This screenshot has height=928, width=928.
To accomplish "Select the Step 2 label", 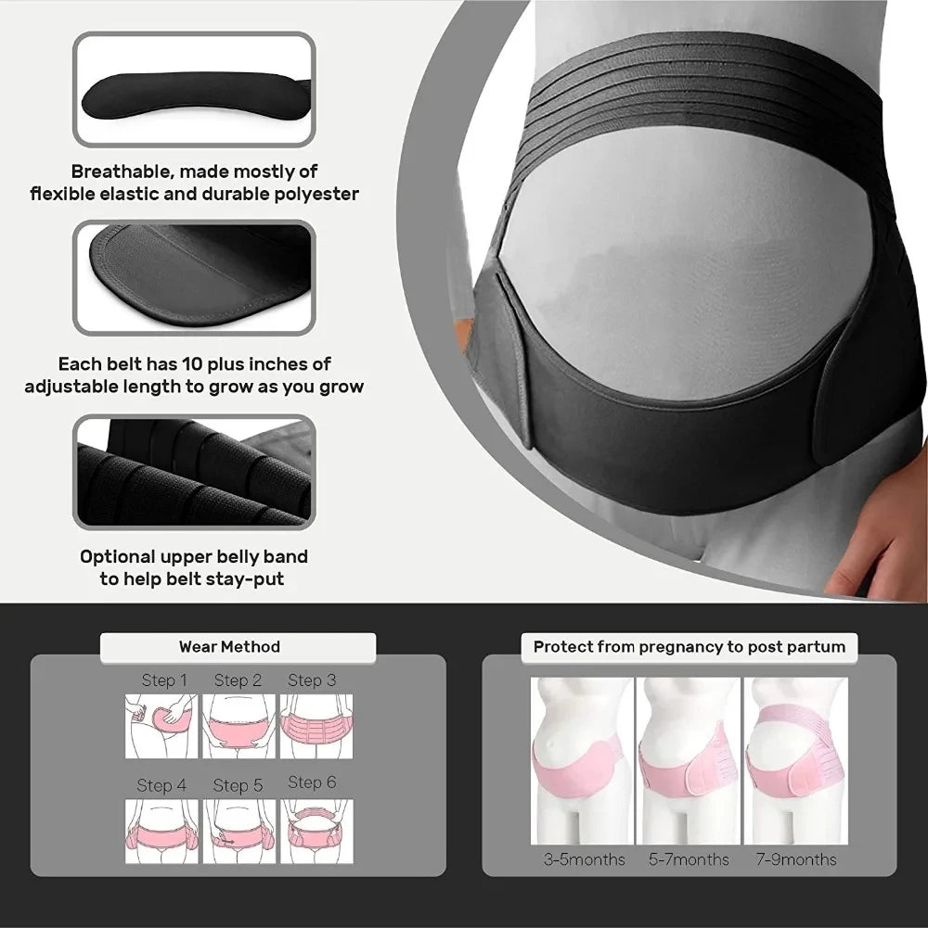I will pos(238,680).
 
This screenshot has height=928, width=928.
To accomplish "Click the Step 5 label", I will pos(238,785).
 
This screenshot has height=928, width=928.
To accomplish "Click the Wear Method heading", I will pos(229,646).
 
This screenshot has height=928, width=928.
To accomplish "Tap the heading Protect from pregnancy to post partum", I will pos(689,646).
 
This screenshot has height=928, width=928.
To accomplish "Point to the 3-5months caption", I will pos(584,859).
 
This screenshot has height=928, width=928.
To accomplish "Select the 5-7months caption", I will pos(689,859).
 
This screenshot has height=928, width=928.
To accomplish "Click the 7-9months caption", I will pos(795,859).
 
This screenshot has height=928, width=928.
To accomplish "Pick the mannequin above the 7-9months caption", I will pos(795,760).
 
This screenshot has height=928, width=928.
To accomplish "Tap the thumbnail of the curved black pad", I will pos(194,90).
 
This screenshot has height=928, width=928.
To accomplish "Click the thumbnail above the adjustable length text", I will pos(194,278).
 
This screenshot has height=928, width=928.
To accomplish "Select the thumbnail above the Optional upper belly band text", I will pos(194,472).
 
